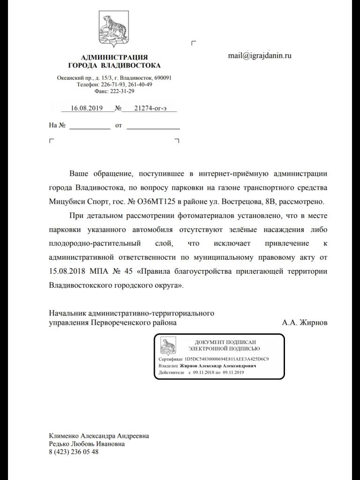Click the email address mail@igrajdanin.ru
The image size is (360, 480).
click(260, 55)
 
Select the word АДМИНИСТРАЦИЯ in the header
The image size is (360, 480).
click(114, 57)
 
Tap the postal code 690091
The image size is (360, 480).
click(162, 77)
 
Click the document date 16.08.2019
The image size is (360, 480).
click(87, 108)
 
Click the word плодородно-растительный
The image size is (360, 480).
click(95, 243)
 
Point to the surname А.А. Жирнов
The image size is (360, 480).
click(305, 323)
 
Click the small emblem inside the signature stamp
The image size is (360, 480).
click(168, 345)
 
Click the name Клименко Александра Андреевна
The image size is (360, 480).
click(99, 435)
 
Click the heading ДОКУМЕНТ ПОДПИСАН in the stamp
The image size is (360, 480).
click(226, 343)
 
